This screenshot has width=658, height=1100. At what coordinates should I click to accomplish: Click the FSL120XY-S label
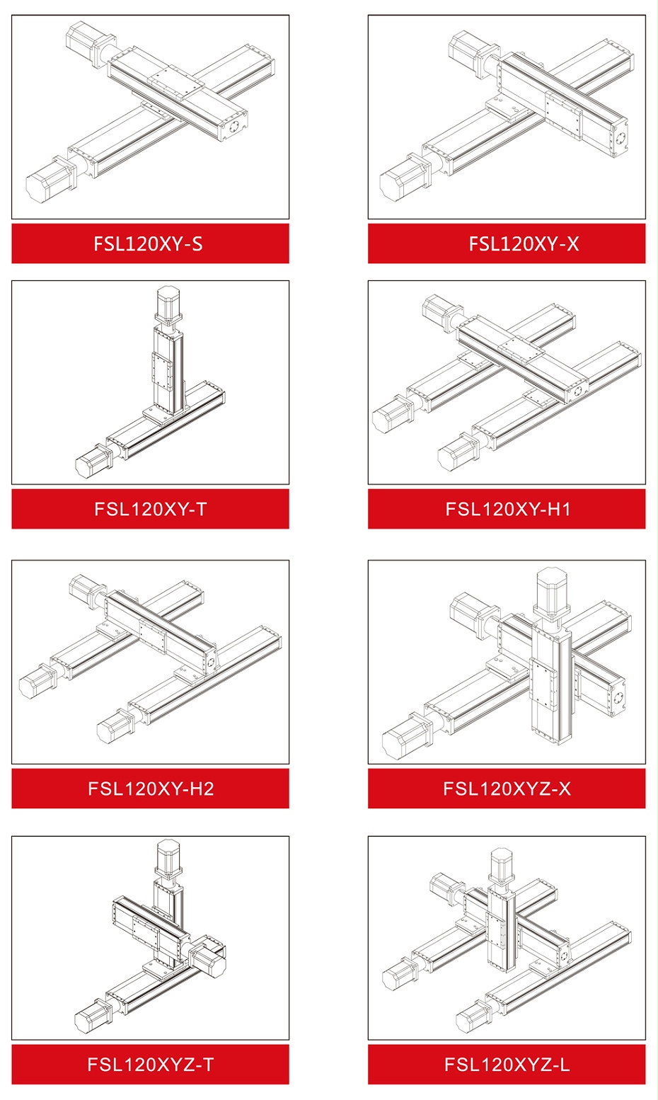(x=148, y=244)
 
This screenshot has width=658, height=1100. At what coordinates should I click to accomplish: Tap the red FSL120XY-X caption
(x=524, y=244)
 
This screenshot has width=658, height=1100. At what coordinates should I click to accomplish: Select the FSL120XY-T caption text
(x=150, y=509)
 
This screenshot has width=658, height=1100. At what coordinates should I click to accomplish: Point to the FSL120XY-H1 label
(x=508, y=509)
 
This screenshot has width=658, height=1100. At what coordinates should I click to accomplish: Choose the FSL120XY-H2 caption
(x=151, y=789)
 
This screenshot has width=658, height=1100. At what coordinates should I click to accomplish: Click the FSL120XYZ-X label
(x=507, y=789)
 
